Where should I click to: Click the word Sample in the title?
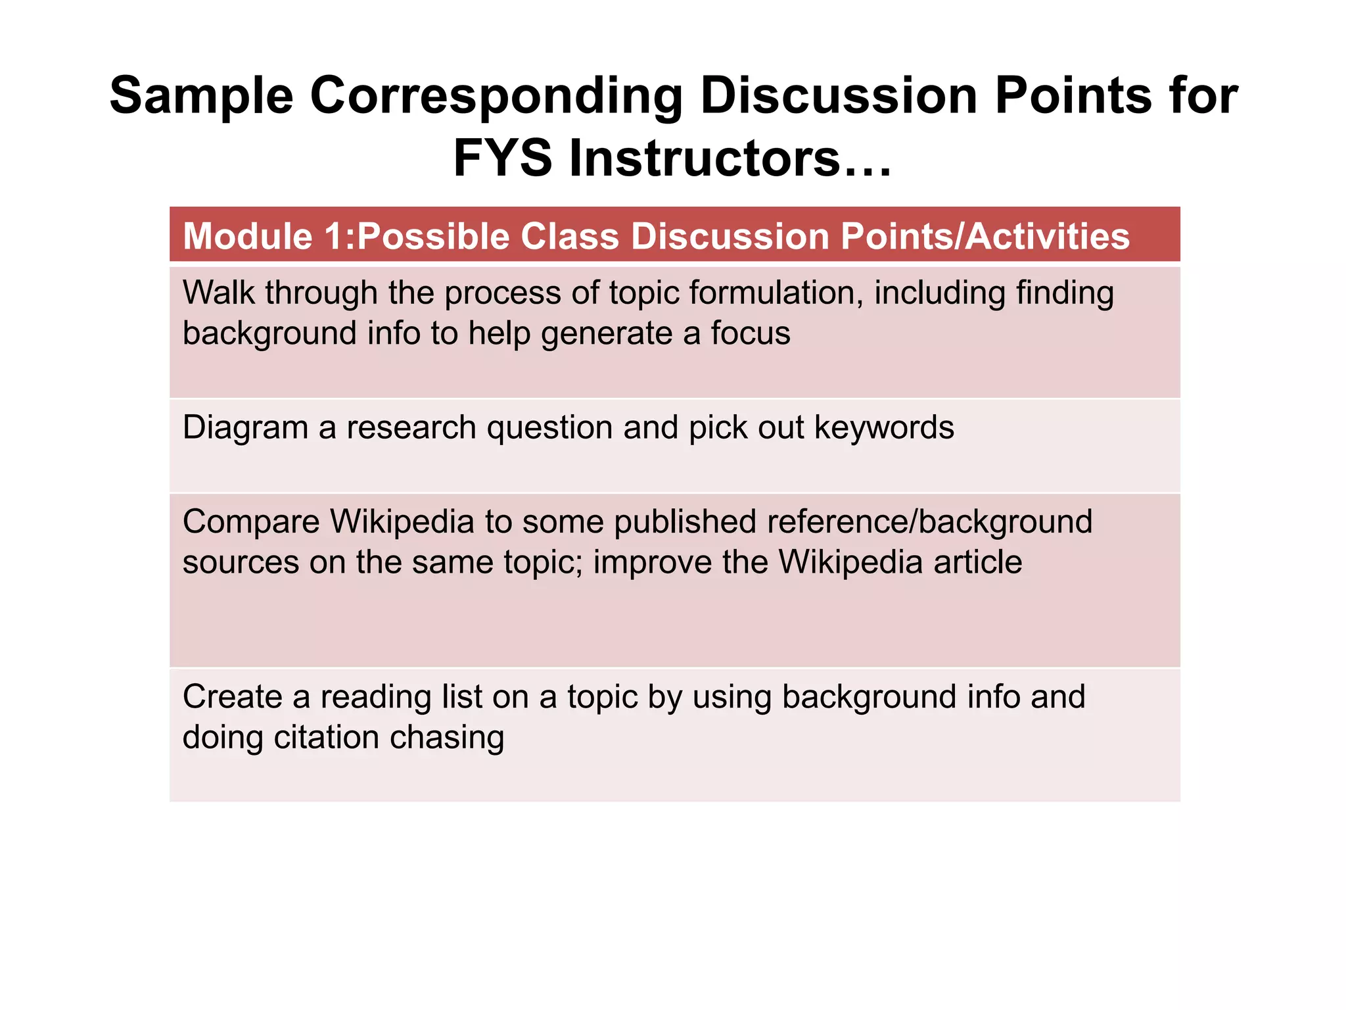point(201,96)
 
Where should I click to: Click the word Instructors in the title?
point(704,159)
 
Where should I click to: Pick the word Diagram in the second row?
point(245,427)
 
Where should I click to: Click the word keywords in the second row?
point(884,427)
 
